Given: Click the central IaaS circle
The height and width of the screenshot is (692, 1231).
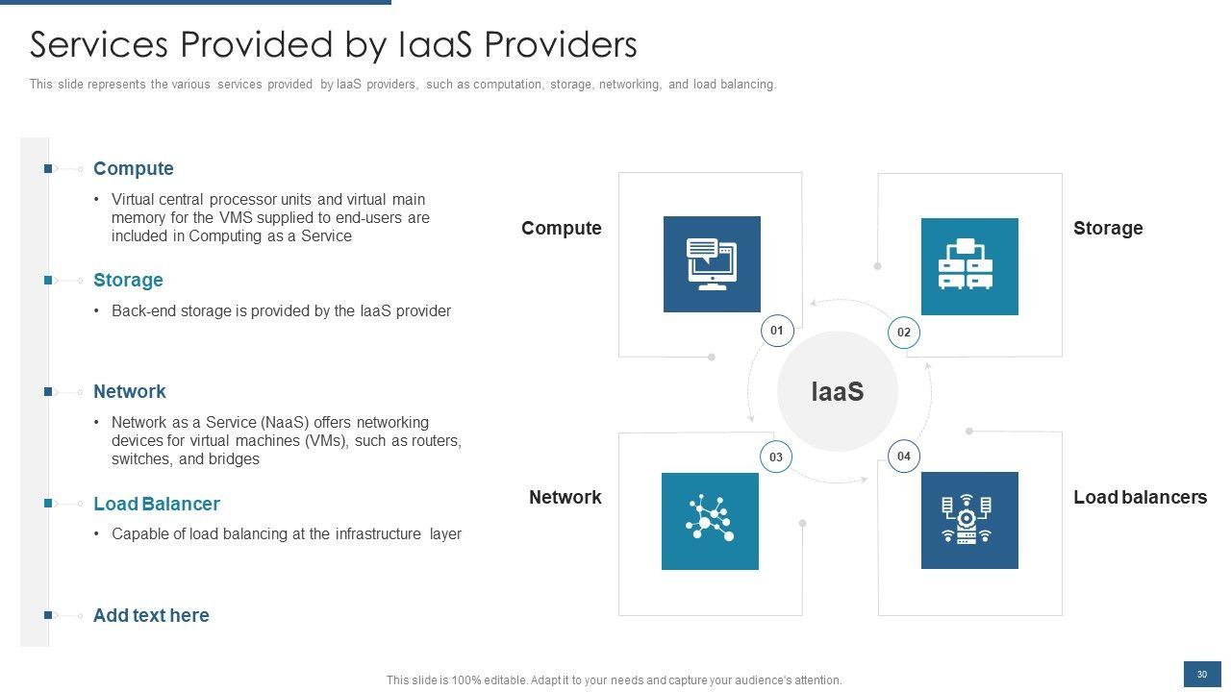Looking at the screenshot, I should pyautogui.click(x=837, y=391).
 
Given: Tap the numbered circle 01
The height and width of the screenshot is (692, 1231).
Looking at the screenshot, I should pyautogui.click(x=777, y=331).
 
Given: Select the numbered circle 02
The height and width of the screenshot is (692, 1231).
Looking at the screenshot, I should pyautogui.click(x=904, y=333).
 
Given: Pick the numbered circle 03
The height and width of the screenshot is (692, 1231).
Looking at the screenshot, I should pyautogui.click(x=776, y=457).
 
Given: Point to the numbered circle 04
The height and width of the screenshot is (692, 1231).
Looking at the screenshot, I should pyautogui.click(x=903, y=456).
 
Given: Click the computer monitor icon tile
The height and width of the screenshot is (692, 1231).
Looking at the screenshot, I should pyautogui.click(x=712, y=264).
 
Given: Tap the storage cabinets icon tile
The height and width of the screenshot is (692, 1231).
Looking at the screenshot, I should pyautogui.click(x=969, y=266).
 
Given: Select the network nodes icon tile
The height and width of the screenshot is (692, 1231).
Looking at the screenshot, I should pyautogui.click(x=710, y=521).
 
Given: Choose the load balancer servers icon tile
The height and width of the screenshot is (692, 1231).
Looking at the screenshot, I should pyautogui.click(x=969, y=520).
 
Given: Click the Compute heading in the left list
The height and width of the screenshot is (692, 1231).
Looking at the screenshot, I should pyautogui.click(x=134, y=169).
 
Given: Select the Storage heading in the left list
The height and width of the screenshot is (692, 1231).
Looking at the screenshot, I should pyautogui.click(x=128, y=281).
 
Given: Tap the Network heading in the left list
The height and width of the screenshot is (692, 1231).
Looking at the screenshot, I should pyautogui.click(x=130, y=392).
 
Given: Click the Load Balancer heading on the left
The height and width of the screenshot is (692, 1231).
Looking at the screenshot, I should pyautogui.click(x=157, y=505).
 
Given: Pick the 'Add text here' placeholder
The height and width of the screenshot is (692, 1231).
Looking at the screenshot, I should pyautogui.click(x=151, y=616).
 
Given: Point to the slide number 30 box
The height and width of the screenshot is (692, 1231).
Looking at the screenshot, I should pyautogui.click(x=1201, y=675).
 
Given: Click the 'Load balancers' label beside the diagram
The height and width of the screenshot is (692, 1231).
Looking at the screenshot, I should pyautogui.click(x=1140, y=497).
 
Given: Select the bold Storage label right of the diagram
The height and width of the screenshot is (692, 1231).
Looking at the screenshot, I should pyautogui.click(x=1108, y=228).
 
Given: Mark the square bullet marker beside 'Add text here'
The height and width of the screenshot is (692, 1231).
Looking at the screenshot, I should pyautogui.click(x=48, y=615).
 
